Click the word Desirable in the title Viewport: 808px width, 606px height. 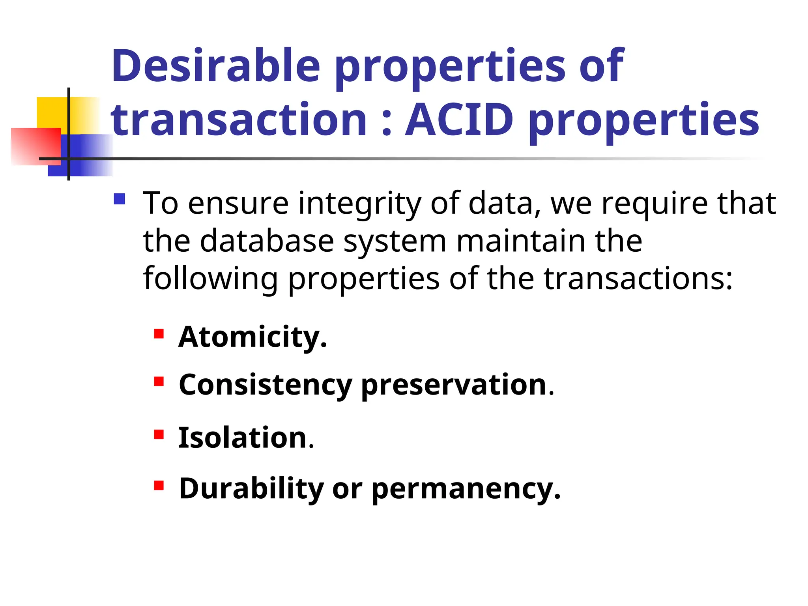[215, 65]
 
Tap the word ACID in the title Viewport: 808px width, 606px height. [459, 119]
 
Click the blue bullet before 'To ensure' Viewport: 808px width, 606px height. [119, 199]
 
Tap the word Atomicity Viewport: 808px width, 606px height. [252, 338]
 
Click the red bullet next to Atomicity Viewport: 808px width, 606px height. [159, 334]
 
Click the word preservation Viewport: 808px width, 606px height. [454, 385]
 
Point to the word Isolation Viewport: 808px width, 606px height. [243, 438]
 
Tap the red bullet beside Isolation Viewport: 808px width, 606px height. [159, 434]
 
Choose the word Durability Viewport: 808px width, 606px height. [251, 489]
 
